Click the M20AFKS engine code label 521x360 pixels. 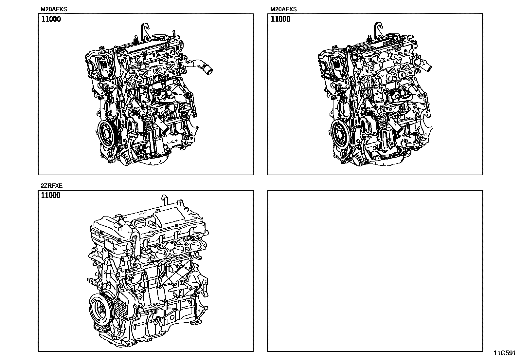click(x=54, y=9)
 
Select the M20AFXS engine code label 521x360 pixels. click(x=283, y=9)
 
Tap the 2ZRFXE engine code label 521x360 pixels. click(x=52, y=186)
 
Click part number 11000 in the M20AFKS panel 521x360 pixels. click(x=51, y=19)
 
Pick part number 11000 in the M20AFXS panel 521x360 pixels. click(x=280, y=19)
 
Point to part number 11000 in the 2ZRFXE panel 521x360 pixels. click(x=51, y=195)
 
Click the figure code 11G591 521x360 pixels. click(x=505, y=353)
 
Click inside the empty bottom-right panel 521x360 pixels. click(x=375, y=271)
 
